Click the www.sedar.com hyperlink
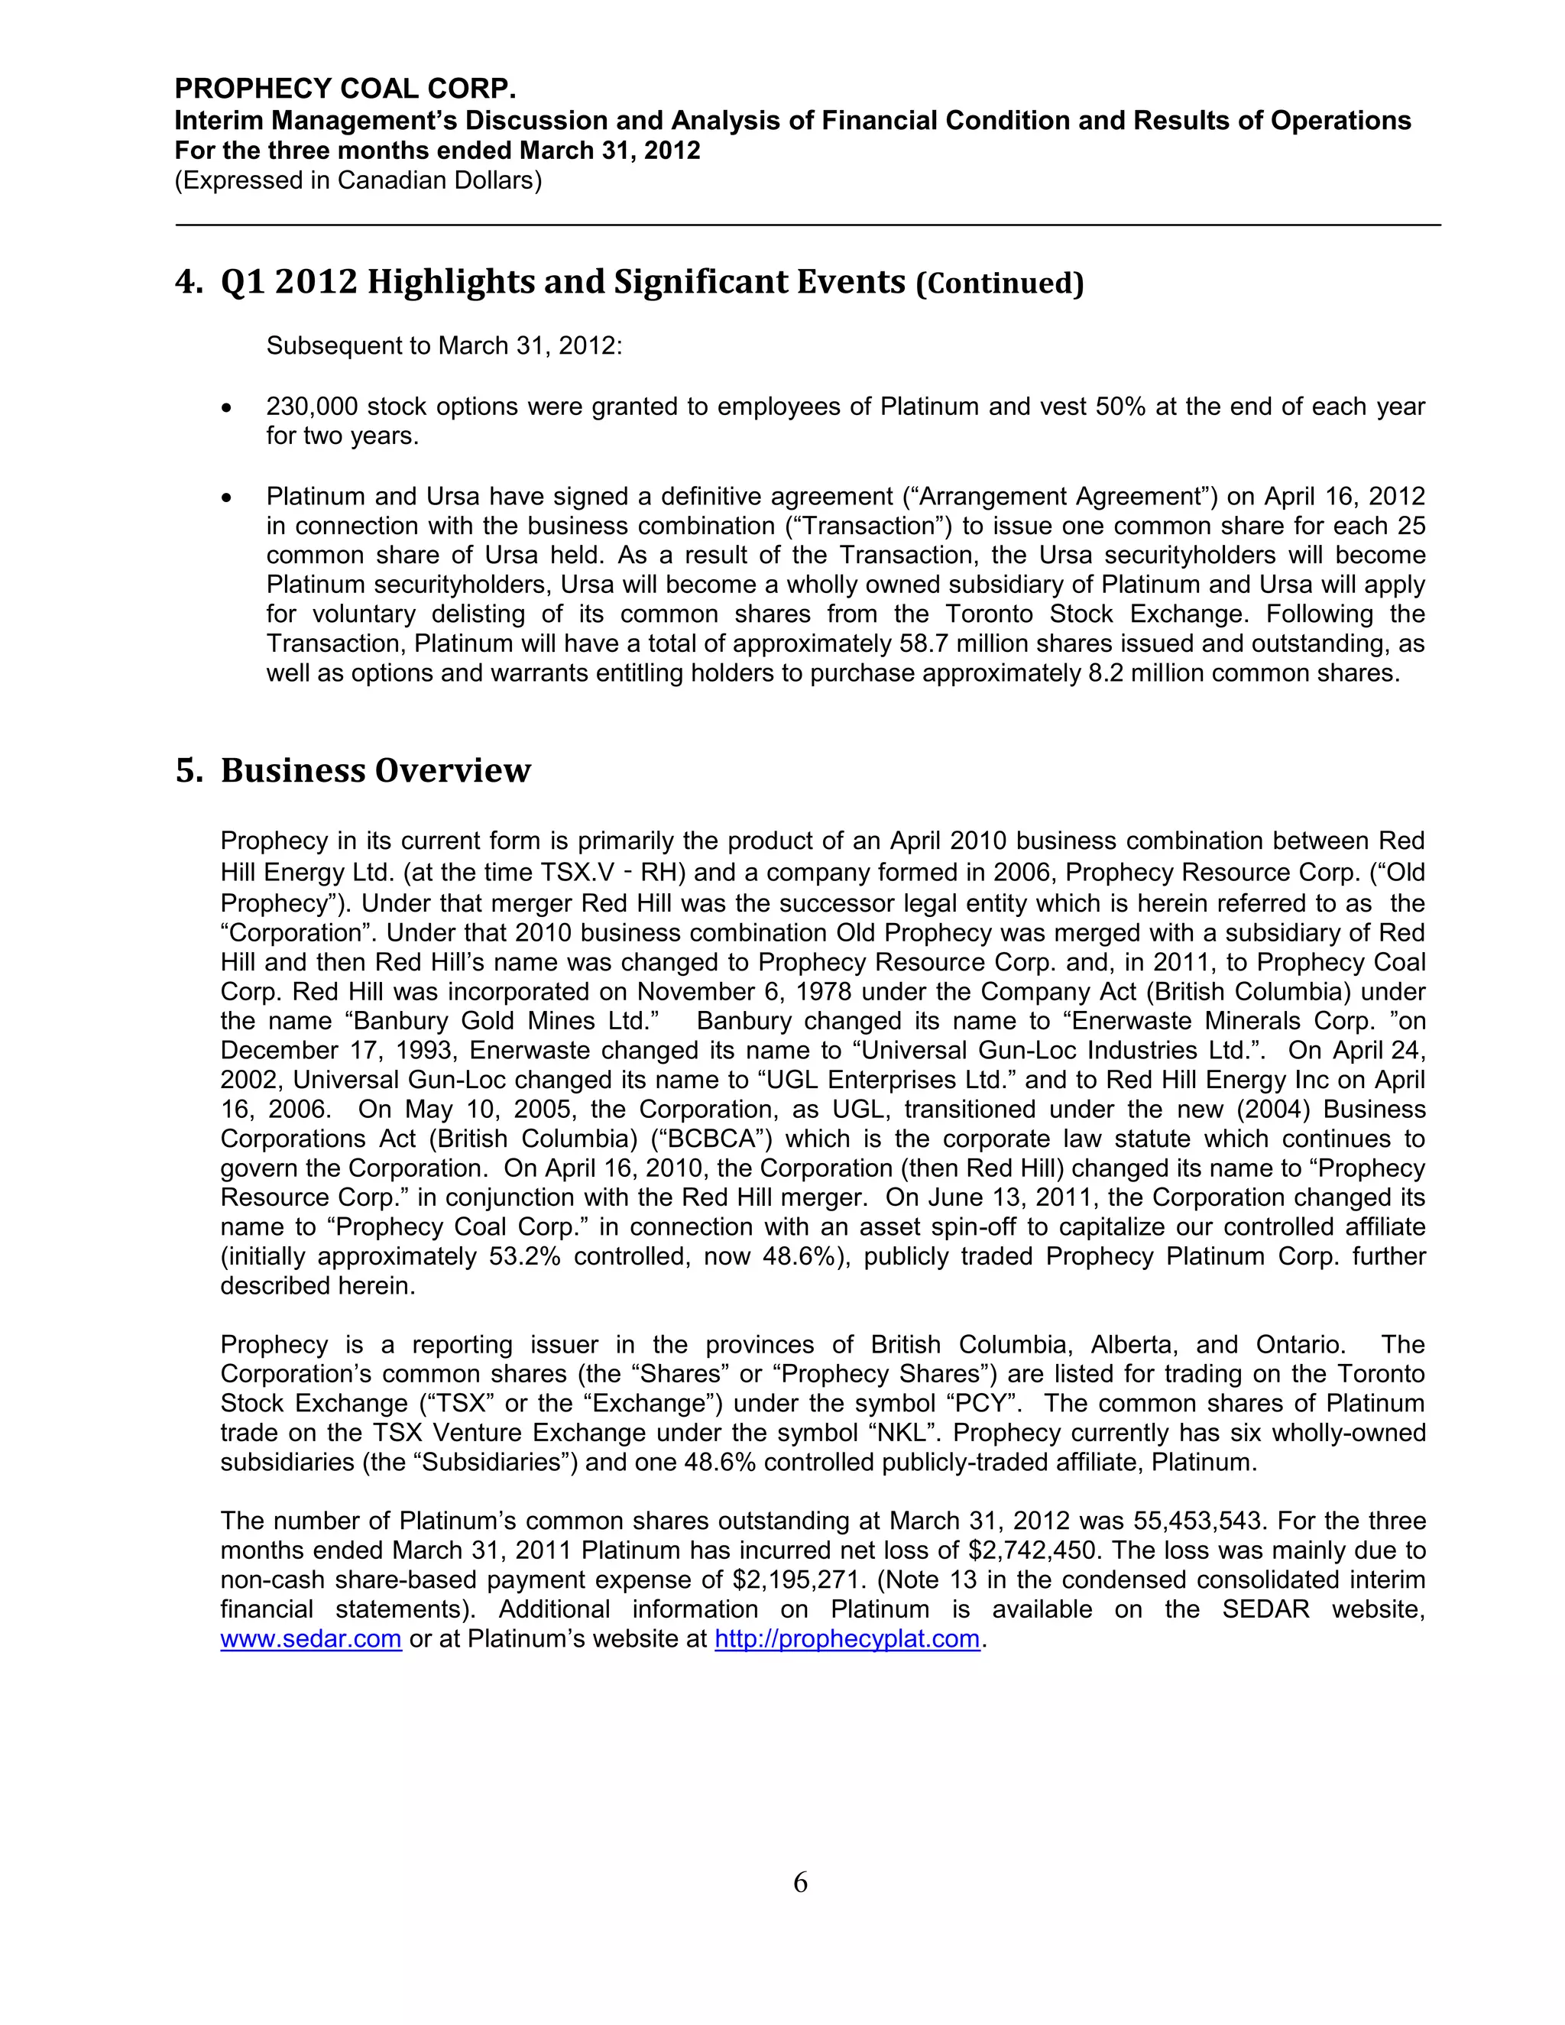coord(310,1639)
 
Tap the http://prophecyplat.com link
coord(847,1639)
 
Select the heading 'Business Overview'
coord(374,770)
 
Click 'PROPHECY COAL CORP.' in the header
coord(345,89)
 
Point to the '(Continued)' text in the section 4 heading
coord(999,283)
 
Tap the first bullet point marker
coord(227,408)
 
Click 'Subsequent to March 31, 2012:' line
coord(444,346)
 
